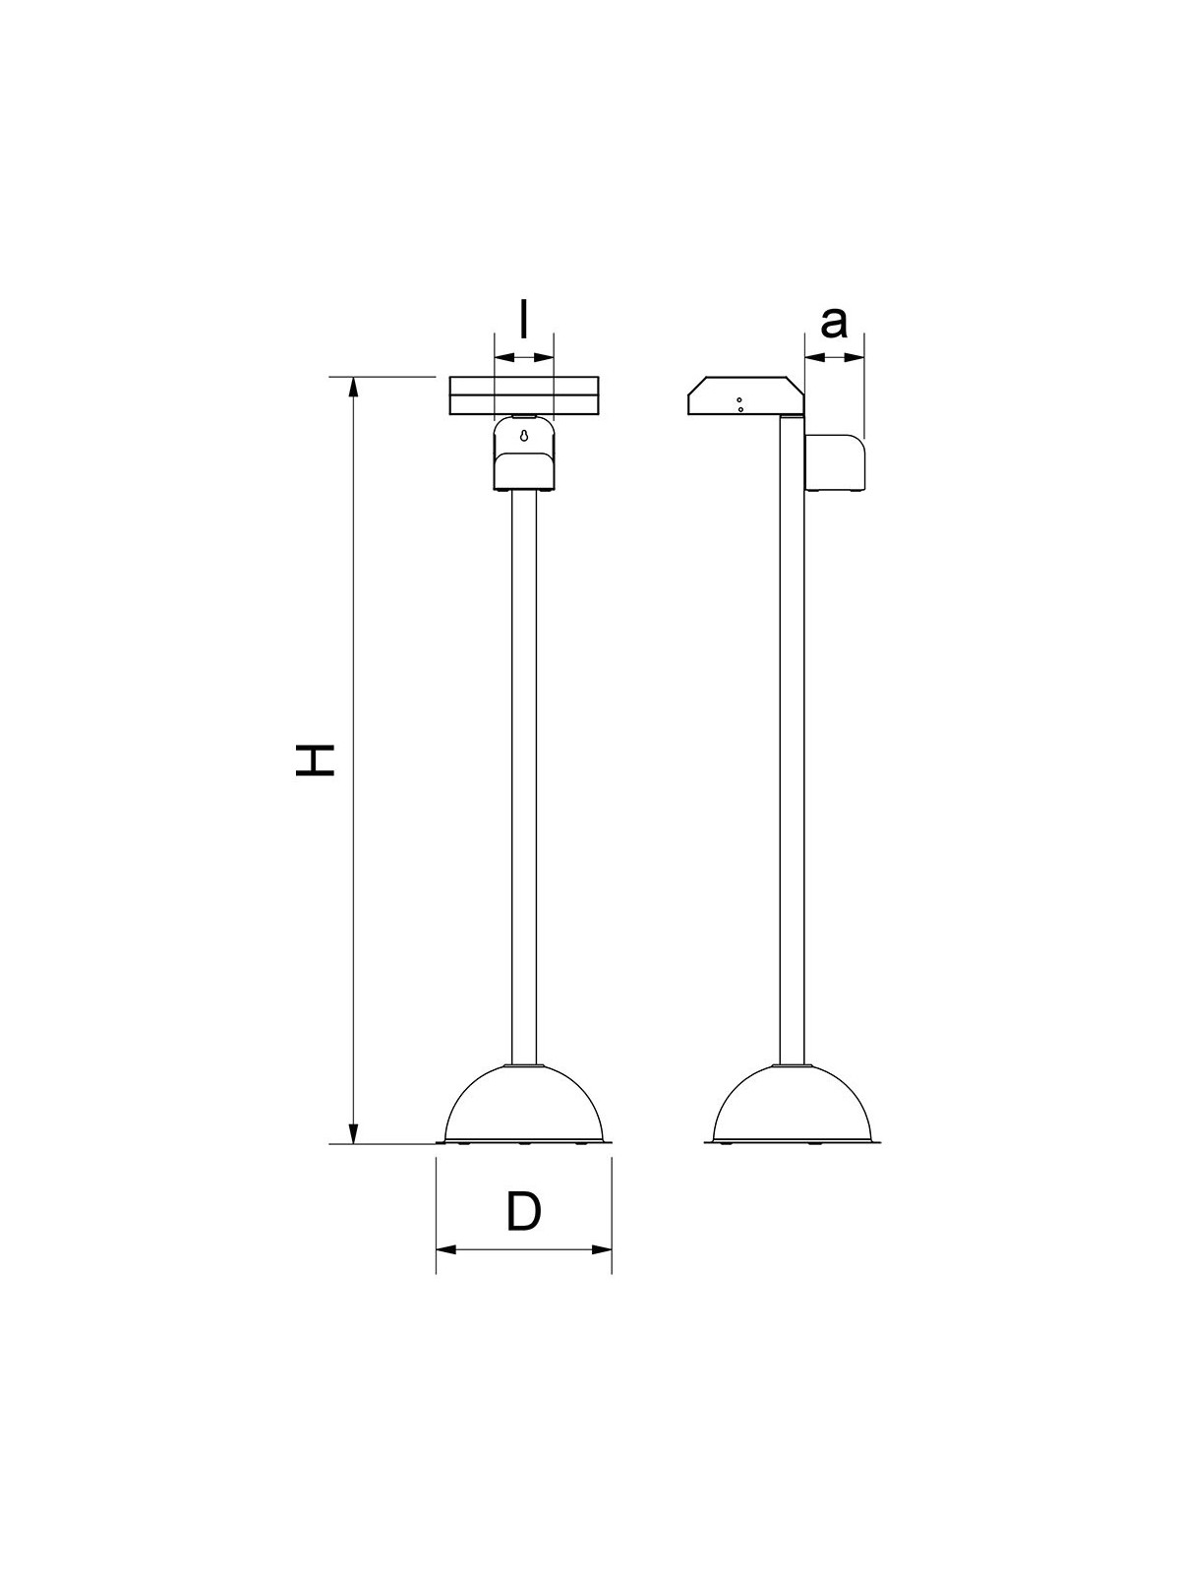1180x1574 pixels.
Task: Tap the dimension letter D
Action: [x=524, y=1210]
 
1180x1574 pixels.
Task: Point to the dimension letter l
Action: [x=524, y=319]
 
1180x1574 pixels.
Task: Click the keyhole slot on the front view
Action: [x=524, y=435]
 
